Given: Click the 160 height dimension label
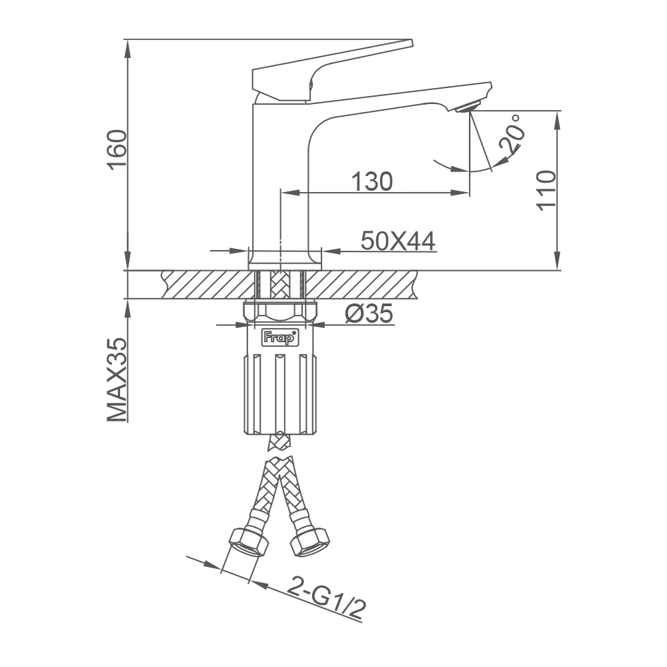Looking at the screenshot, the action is (x=117, y=150).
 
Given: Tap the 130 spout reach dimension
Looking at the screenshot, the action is (x=372, y=181).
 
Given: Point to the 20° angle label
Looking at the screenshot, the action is (x=512, y=133).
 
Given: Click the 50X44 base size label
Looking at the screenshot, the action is (x=398, y=241).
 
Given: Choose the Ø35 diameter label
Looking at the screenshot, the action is (x=369, y=314).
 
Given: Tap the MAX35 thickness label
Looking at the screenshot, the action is (x=117, y=380).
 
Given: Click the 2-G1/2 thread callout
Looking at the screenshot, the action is (x=327, y=599).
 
